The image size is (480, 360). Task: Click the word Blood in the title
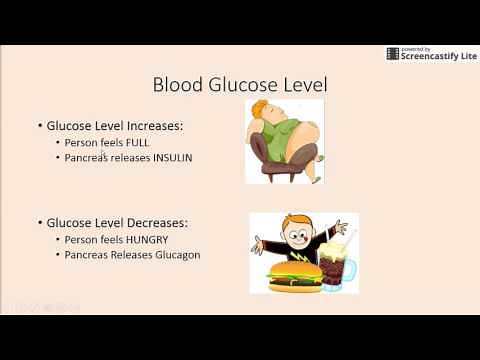tap(176, 84)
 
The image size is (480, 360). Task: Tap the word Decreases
tap(166, 222)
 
